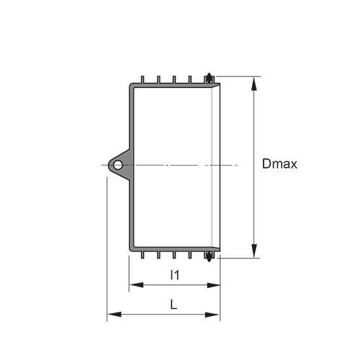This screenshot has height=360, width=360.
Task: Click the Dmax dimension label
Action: pos(279,164)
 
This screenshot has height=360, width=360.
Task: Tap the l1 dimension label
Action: pos(175,275)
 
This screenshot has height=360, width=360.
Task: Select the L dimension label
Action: pos(174,305)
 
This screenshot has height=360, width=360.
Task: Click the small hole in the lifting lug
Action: pos(117,165)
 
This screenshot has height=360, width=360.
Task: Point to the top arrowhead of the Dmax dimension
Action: pos(254,84)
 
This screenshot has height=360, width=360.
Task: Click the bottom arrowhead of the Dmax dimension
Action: pos(254,251)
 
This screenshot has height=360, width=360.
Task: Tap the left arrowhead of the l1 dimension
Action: pos(136,285)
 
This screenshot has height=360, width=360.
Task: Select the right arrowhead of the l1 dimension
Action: pos(213,285)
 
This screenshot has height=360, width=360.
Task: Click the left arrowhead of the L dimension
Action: pos(114,315)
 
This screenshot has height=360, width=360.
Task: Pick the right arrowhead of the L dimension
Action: pos(212,315)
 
